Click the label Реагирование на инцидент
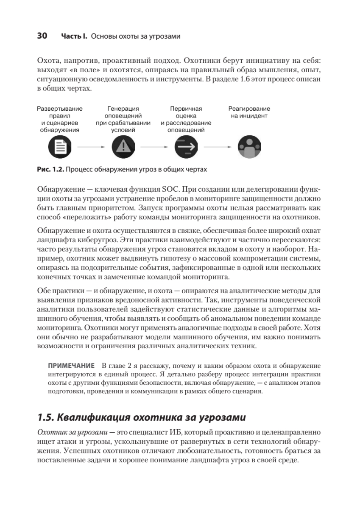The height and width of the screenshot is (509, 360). pyautogui.click(x=249, y=112)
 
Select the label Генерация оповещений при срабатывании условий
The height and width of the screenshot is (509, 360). pyautogui.click(x=123, y=119)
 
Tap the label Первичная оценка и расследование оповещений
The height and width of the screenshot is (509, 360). pyautogui.click(x=186, y=119)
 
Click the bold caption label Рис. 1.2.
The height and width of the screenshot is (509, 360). pyautogui.click(x=50, y=170)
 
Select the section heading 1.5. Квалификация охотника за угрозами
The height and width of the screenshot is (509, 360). pyautogui.click(x=142, y=417)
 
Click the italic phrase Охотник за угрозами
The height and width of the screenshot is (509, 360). pyautogui.click(x=70, y=432)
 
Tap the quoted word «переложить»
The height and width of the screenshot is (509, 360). pyautogui.click(x=83, y=218)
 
